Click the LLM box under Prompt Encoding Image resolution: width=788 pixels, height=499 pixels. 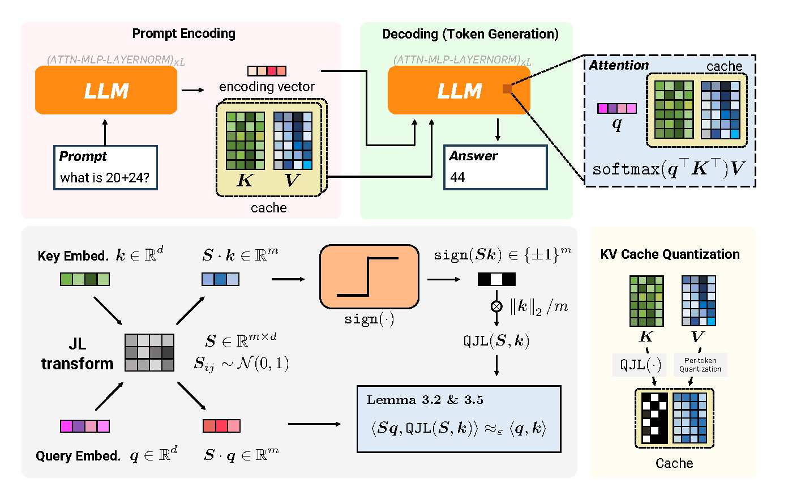tap(106, 90)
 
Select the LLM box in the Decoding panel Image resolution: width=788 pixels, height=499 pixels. tap(459, 90)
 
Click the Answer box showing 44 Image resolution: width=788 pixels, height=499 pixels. tap(495, 168)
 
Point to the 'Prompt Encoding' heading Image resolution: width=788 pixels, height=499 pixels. tap(183, 33)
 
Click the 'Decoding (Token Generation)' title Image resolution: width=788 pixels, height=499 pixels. tap(470, 34)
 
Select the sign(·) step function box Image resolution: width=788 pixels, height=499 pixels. tap(369, 276)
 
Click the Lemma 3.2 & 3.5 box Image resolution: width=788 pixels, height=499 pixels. tap(459, 419)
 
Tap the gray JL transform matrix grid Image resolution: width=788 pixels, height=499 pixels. tap(149, 352)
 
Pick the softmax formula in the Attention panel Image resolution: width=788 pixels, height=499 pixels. tap(669, 169)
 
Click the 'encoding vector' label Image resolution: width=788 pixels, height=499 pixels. tap(267, 87)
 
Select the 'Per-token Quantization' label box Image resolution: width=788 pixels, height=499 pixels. tap(700, 365)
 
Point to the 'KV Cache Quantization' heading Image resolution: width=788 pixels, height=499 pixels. tap(670, 254)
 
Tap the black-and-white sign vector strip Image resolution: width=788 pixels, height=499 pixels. tap(496, 279)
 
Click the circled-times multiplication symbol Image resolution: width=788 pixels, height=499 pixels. tap(496, 306)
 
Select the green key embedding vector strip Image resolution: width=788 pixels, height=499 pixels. tap(85, 279)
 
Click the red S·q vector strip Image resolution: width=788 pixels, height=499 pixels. tap(221, 426)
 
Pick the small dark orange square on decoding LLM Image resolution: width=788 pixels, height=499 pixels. tap(507, 89)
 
